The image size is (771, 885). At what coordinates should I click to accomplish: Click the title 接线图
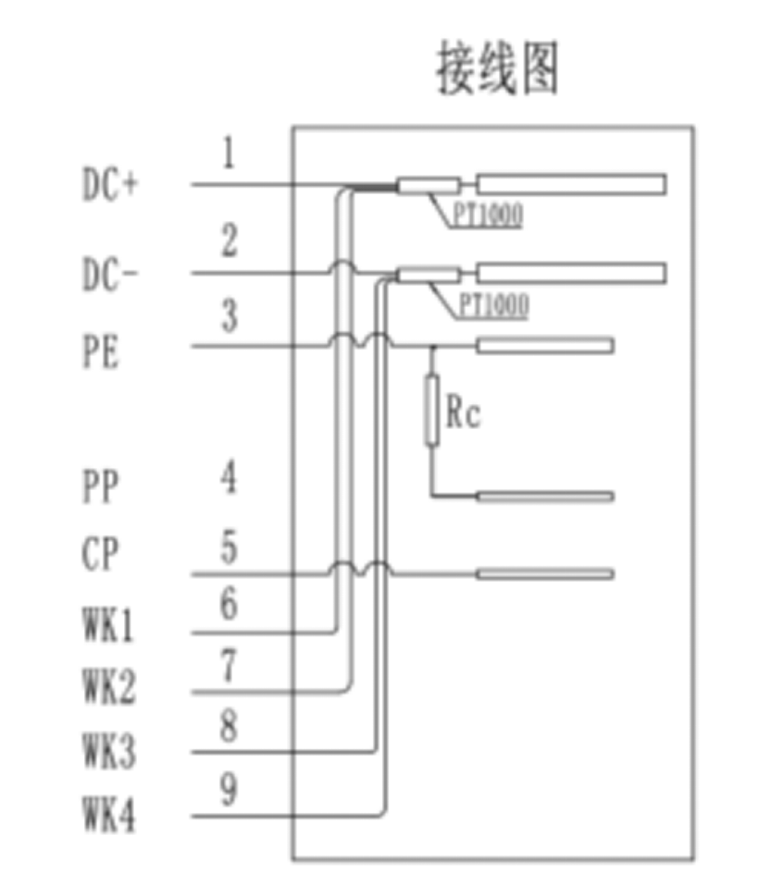click(498, 70)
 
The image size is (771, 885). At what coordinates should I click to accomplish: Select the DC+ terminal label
click(110, 187)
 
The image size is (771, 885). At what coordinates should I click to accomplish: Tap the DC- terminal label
click(109, 275)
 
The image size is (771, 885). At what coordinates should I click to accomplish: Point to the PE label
click(101, 352)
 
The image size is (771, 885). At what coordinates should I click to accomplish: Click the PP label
click(101, 486)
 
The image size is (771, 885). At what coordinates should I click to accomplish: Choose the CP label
click(101, 556)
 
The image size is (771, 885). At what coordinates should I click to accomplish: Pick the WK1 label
click(108, 628)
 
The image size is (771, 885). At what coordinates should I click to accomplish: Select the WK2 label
click(108, 688)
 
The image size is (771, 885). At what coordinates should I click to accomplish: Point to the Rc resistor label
click(463, 413)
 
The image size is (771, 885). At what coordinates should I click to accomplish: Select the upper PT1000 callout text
click(487, 215)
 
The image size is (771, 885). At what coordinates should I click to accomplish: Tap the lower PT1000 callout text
click(493, 305)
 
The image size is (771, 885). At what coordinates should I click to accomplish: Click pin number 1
click(228, 154)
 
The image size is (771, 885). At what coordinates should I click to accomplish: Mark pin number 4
click(228, 479)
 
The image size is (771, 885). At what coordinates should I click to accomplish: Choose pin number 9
click(228, 789)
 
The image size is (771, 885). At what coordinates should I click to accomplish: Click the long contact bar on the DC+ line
click(571, 184)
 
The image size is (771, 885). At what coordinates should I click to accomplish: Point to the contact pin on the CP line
click(544, 574)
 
